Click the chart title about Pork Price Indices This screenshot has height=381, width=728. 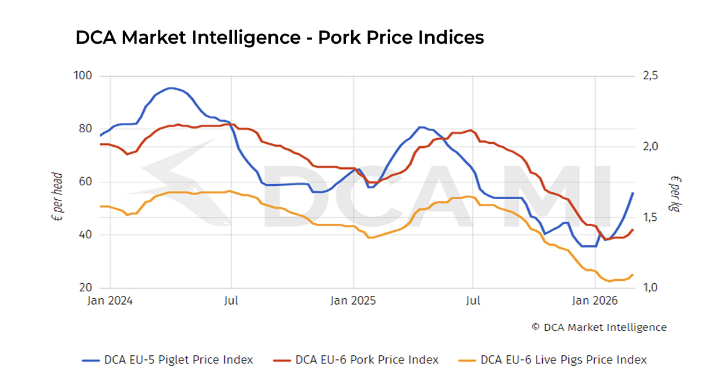pyautogui.click(x=280, y=38)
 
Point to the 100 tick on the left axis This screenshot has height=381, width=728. pyautogui.click(x=84, y=76)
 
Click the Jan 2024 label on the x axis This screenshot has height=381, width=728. pyautogui.click(x=110, y=301)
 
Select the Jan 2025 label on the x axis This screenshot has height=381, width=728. pyautogui.click(x=353, y=301)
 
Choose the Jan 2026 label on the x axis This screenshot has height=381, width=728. pyautogui.click(x=595, y=301)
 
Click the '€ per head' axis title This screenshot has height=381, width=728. pyautogui.click(x=58, y=196)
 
